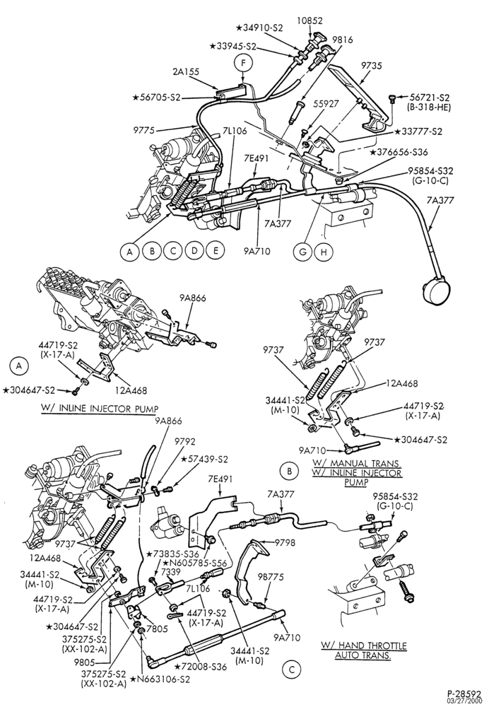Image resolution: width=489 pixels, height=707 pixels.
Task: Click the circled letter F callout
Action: [243, 64]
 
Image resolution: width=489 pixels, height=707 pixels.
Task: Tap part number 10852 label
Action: [310, 20]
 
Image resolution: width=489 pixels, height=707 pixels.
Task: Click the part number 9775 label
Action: [143, 131]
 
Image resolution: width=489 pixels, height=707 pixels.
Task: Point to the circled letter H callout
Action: [323, 252]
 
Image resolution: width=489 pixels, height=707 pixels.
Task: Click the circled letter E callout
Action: [216, 250]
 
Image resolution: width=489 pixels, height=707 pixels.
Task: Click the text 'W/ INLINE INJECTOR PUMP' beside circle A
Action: [100, 409]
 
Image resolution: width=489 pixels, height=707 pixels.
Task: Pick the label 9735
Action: [372, 66]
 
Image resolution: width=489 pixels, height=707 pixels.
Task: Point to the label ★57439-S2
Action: [205, 460]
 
